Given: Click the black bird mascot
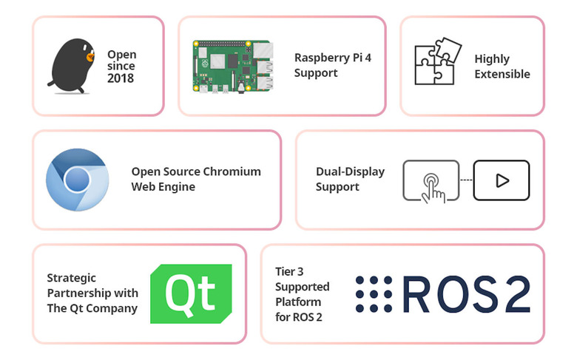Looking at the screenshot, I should [70, 67].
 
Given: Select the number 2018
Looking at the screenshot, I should [121, 78].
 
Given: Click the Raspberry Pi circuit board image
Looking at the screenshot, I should [232, 66].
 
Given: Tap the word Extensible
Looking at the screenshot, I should [502, 74].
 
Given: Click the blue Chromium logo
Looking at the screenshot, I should [77, 180].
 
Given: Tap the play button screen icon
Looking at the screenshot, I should [502, 180].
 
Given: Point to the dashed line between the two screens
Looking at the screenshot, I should [466, 180].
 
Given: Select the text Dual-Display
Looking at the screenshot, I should [350, 171].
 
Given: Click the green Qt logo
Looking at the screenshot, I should [191, 293].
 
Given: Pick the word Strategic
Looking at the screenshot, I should [72, 278].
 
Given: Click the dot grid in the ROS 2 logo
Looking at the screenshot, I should [374, 294].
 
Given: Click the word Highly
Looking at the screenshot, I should [492, 58].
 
